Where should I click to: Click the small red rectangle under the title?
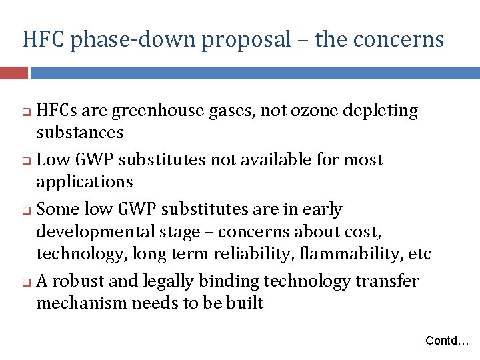(14, 72)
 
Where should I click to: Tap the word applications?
(85, 182)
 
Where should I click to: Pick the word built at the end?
(247, 303)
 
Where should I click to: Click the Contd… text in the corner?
(447, 341)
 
